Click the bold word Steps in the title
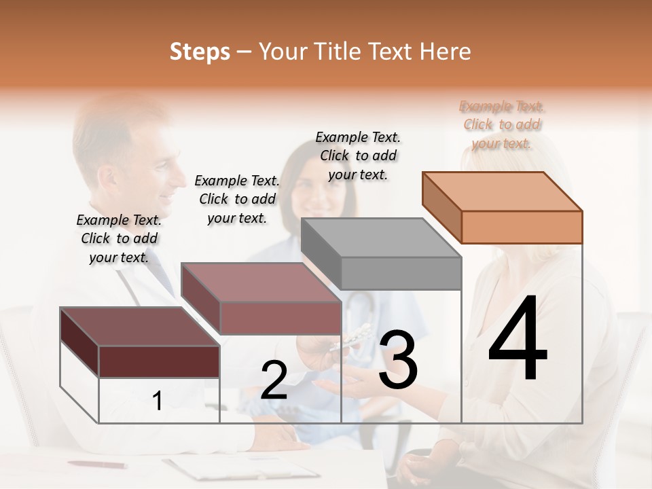(x=200, y=52)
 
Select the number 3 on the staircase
(x=398, y=360)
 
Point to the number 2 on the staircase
(x=274, y=380)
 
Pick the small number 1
(x=157, y=401)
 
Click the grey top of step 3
(x=381, y=238)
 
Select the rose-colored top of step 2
(x=261, y=282)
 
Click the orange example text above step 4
(x=502, y=124)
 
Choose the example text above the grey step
(x=358, y=156)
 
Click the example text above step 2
(x=237, y=199)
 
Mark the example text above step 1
(x=119, y=238)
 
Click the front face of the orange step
(x=522, y=227)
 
